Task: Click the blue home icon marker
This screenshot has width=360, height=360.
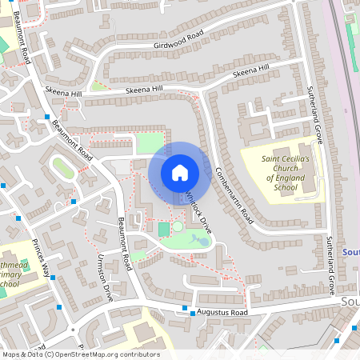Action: coord(180,172)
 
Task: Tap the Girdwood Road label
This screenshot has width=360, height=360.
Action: coord(180,36)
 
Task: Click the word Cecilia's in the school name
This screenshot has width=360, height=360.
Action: coord(292,158)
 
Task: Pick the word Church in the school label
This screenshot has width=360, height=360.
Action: coord(278,168)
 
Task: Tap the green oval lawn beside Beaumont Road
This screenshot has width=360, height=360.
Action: coord(62,168)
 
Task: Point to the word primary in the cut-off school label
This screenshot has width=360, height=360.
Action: coord(11,273)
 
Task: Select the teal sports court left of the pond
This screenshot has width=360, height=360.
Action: coord(164,230)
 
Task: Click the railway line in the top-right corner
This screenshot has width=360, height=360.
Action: coord(341,48)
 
